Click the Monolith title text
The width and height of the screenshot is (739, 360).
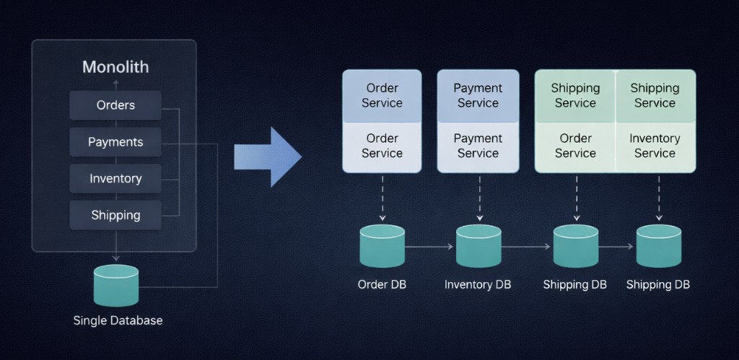click(115, 67)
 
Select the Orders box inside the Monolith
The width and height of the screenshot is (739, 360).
click(115, 105)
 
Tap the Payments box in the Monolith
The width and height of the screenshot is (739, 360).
click(115, 142)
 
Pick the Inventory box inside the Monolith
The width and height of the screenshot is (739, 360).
click(115, 178)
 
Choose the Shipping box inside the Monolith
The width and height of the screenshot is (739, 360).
click(115, 215)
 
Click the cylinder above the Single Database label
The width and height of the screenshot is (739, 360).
click(115, 285)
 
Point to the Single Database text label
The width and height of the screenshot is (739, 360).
click(118, 320)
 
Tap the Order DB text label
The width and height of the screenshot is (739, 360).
click(382, 284)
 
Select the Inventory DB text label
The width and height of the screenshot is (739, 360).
click(478, 284)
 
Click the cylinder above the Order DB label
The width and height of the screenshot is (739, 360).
click(382, 246)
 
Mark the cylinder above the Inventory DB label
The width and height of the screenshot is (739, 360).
click(478, 246)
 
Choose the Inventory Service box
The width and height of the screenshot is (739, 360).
click(655, 146)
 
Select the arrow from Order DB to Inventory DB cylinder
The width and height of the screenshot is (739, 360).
click(430, 247)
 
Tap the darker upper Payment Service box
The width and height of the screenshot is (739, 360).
click(478, 95)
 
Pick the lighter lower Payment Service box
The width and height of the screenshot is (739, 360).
click(478, 146)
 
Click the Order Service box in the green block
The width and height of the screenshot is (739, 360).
click(575, 146)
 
